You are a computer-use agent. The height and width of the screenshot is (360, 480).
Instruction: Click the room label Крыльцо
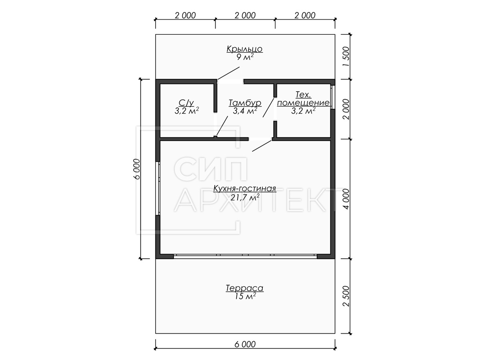(x=244, y=49)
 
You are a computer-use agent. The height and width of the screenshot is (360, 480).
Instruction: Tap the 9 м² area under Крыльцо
(x=245, y=57)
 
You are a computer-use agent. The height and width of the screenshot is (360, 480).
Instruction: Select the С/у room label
(x=186, y=102)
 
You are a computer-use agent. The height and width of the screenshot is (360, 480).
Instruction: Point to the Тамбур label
(x=245, y=103)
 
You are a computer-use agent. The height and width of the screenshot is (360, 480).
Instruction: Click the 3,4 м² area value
(x=245, y=111)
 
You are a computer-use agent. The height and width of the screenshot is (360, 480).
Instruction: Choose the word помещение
(x=303, y=103)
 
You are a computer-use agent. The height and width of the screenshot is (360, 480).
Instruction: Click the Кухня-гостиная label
(x=244, y=188)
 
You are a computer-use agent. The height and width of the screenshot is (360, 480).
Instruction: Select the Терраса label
(x=244, y=288)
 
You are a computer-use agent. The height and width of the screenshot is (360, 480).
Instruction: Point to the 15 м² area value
(x=245, y=296)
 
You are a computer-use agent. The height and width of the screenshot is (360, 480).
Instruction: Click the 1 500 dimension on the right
(x=347, y=57)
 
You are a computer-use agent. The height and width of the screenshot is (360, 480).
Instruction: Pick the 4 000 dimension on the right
(x=347, y=199)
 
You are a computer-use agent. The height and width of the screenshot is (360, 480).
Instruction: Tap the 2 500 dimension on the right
(x=347, y=296)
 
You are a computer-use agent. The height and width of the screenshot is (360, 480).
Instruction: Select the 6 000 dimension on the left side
(x=137, y=169)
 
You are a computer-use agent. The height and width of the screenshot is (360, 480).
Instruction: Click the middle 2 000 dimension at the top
(x=245, y=16)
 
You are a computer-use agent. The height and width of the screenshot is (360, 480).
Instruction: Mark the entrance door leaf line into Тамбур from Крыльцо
(x=228, y=73)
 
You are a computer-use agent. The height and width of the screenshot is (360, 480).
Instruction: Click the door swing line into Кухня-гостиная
(x=262, y=146)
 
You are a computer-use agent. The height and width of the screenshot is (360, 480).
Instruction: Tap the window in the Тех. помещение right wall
(x=332, y=97)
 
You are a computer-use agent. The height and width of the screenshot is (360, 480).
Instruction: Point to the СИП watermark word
(x=210, y=168)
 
